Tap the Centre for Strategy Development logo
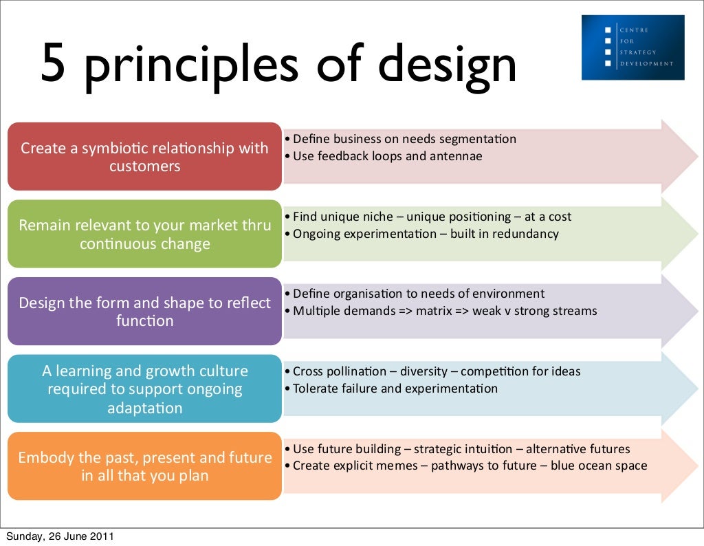click(x=632, y=47)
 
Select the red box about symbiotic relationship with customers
click(x=144, y=157)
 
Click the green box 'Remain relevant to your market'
click(x=144, y=234)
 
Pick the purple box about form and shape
click(x=144, y=312)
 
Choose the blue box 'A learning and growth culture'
click(x=144, y=389)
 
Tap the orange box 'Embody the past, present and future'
click(x=144, y=466)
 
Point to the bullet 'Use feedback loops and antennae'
click(x=387, y=156)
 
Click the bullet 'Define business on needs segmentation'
click(x=404, y=139)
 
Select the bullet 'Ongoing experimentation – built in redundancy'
click(x=426, y=234)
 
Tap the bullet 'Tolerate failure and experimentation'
click(x=395, y=389)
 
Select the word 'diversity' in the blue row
click(x=423, y=371)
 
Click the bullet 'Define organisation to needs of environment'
click(x=419, y=294)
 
